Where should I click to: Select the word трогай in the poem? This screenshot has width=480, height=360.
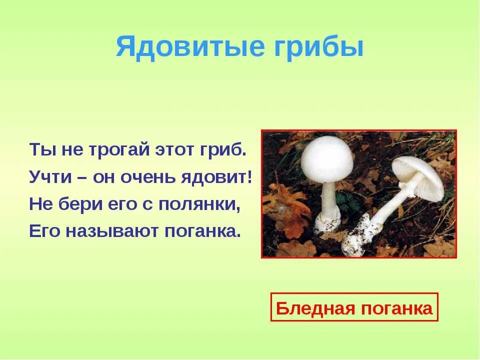(x=109, y=150)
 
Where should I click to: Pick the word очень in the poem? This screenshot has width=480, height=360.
(x=150, y=177)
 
